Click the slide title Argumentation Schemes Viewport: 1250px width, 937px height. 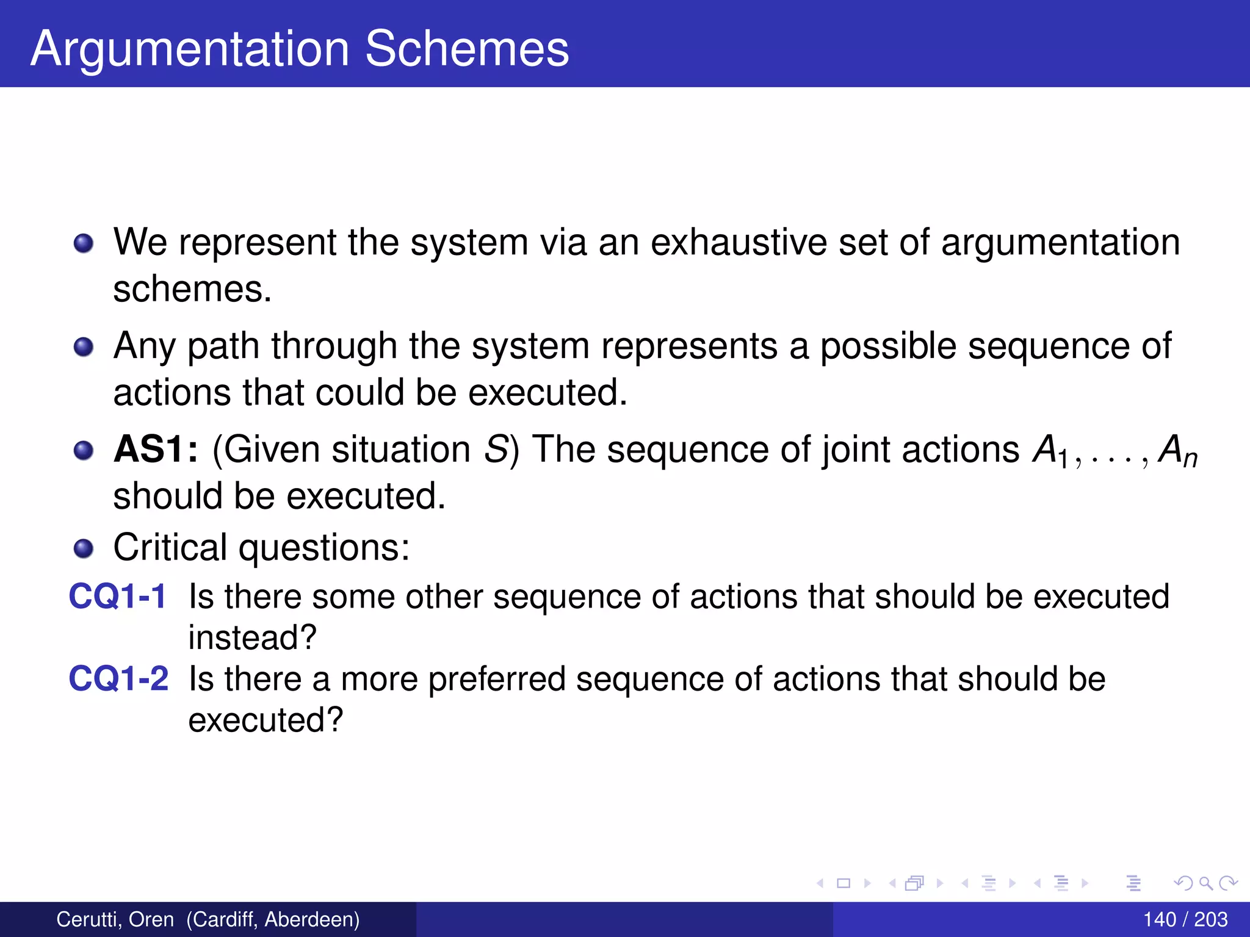tap(300, 48)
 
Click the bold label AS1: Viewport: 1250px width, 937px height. tap(156, 450)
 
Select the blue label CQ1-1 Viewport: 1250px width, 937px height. tap(118, 596)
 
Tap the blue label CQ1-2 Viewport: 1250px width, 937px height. tap(118, 678)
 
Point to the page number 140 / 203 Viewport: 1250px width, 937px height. tap(1185, 919)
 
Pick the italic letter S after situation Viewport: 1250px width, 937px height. tap(496, 450)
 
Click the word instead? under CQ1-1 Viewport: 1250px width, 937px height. tap(252, 637)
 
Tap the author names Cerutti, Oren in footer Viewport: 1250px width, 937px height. tap(115, 919)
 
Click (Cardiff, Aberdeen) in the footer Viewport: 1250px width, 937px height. tap(273, 919)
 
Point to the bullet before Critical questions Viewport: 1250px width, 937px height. tap(83, 548)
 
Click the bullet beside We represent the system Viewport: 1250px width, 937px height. tap(83, 243)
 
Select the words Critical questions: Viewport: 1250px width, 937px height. tap(261, 547)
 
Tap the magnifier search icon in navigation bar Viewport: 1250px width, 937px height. tap(1205, 883)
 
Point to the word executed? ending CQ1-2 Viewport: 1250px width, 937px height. tap(266, 720)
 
